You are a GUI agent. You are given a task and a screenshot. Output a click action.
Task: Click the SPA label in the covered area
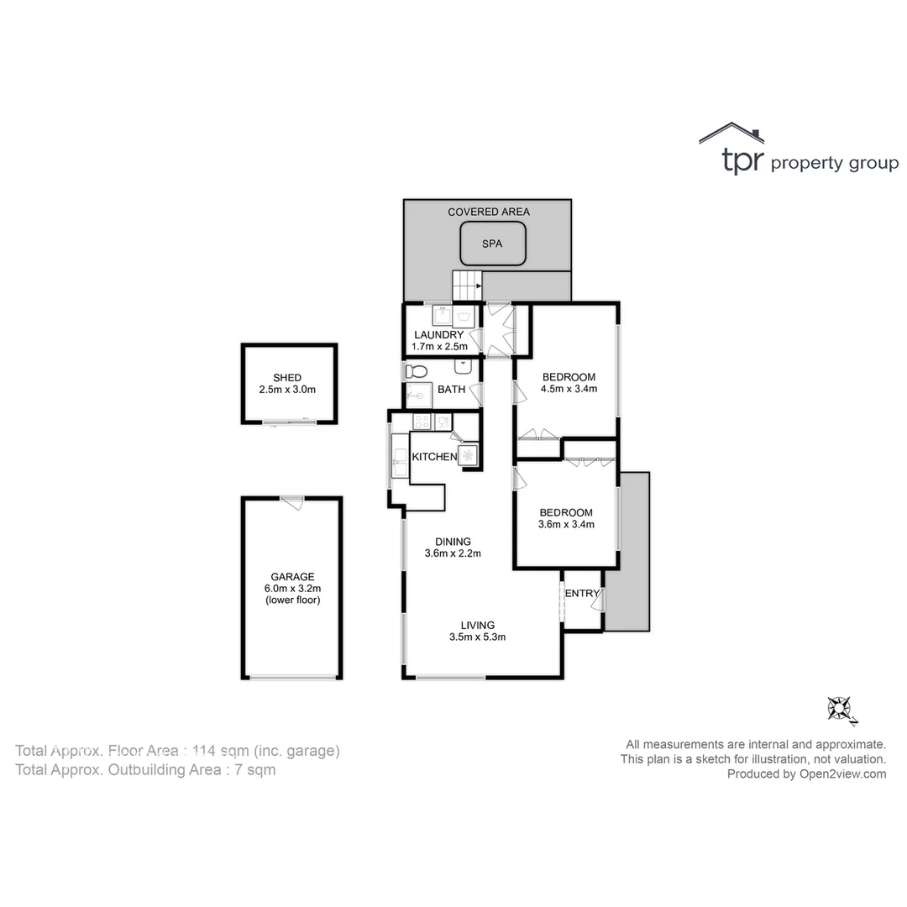point(492,244)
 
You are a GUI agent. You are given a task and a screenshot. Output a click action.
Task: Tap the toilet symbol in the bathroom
point(416,370)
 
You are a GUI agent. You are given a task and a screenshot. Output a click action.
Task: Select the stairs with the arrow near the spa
point(468,286)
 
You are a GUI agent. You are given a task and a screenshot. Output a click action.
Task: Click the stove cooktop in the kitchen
point(422,422)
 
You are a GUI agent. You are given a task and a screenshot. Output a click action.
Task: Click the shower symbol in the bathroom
point(418,395)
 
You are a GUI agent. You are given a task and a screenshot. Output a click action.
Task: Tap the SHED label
point(287,378)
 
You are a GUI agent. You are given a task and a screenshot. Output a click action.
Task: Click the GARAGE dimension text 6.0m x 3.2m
point(292,589)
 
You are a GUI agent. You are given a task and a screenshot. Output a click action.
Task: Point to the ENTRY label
point(582,594)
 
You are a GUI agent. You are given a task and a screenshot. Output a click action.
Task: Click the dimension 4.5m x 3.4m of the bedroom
point(569,389)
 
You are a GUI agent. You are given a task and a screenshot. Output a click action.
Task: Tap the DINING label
point(453,542)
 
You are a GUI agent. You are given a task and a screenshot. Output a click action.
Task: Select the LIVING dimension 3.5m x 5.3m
point(477,637)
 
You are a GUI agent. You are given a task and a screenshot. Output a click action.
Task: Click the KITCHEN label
point(434,457)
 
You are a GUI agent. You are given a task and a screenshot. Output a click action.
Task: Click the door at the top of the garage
point(292,502)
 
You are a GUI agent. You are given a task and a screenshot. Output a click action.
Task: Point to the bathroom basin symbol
point(463,366)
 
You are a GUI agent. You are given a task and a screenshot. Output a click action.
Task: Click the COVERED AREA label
point(489,212)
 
